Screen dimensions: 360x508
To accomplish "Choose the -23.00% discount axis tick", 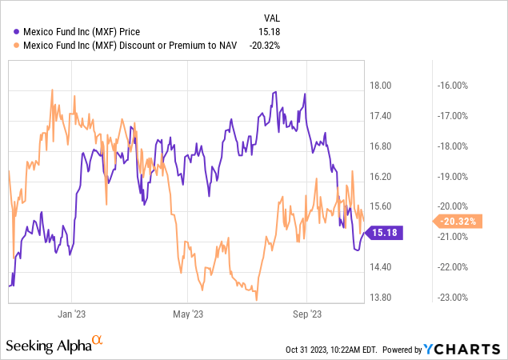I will [452, 298].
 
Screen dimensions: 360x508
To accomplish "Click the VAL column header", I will [272, 18].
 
